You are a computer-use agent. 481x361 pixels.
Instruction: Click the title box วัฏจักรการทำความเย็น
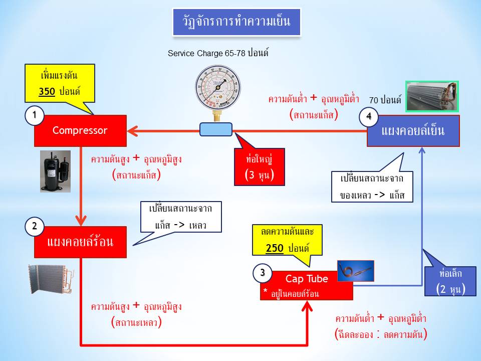tap(236, 22)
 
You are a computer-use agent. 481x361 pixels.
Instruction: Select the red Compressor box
tap(80, 131)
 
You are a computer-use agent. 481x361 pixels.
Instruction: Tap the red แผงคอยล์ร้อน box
tap(80, 242)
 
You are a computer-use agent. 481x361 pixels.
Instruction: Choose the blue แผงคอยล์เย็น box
tap(413, 131)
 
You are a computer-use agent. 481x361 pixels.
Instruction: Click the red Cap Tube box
tap(307, 285)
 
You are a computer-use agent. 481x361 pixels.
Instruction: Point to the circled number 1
tap(34, 116)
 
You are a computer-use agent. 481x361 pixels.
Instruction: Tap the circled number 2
tap(34, 227)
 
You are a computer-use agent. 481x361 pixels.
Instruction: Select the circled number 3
tap(262, 273)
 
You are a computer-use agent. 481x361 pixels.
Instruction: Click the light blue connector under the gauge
tap(216, 129)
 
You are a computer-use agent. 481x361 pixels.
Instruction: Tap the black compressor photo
tap(56, 171)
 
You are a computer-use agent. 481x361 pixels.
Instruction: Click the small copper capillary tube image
tap(355, 271)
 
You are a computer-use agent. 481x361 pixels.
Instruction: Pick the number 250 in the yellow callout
tap(276, 249)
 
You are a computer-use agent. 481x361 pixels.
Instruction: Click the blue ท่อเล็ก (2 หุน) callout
tap(450, 280)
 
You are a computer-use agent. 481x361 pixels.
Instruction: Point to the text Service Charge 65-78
tap(206, 53)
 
